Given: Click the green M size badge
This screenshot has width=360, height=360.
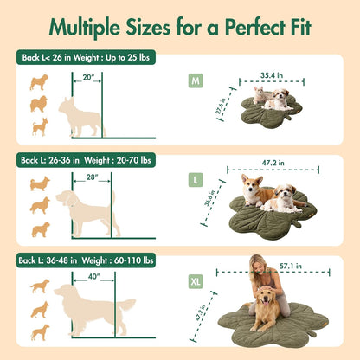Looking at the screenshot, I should tap(196, 82).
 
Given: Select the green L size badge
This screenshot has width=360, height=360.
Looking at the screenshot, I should tap(196, 181).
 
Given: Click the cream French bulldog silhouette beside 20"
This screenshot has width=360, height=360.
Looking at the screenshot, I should tap(78, 116).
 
